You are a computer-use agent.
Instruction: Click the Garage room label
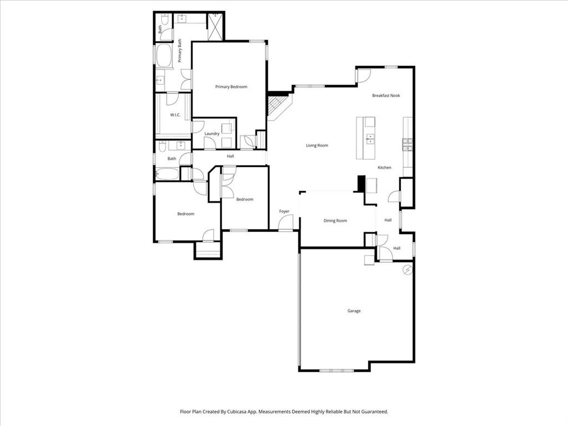354,311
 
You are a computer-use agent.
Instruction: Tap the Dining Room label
335,221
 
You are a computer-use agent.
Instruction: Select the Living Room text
317,146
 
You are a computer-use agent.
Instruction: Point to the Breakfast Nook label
386,96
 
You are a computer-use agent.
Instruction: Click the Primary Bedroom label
231,87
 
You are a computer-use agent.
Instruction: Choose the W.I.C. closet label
175,115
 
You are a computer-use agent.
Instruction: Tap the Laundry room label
212,134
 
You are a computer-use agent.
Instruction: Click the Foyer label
284,211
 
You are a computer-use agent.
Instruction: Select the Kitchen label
384,168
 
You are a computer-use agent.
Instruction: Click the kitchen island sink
370,138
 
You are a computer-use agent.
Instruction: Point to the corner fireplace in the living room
277,105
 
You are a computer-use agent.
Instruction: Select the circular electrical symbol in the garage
408,270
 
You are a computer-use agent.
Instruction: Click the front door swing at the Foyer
286,224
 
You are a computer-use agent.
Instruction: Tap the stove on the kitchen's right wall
407,145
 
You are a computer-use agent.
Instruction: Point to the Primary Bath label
180,50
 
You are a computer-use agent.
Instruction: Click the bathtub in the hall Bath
167,174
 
